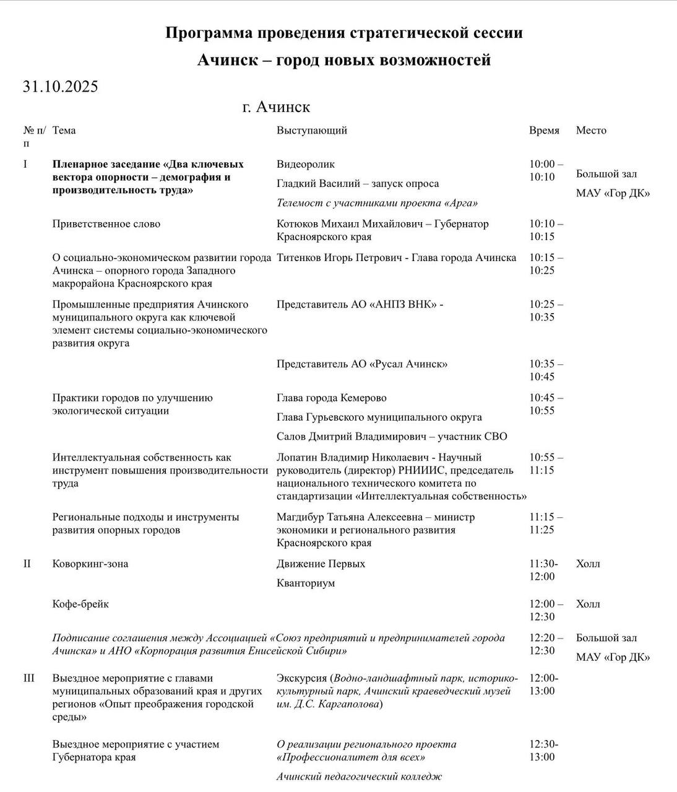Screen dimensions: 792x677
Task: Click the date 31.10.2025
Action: (60, 87)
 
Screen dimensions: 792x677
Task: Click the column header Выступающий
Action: (311, 131)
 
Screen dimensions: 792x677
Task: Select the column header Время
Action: (544, 131)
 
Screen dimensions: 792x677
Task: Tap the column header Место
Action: (591, 131)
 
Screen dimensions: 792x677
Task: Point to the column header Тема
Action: (64, 131)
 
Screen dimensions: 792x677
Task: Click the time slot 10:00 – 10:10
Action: (546, 171)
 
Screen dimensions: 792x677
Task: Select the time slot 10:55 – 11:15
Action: (546, 464)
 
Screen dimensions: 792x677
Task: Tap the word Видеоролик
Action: (306, 165)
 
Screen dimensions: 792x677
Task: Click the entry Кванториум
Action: (306, 583)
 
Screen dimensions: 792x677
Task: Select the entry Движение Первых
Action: (321, 564)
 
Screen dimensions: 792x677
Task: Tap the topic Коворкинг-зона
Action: (90, 564)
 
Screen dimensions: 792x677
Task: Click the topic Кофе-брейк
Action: (80, 605)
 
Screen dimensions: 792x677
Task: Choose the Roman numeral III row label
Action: (29, 678)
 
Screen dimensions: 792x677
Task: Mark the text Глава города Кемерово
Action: (331, 398)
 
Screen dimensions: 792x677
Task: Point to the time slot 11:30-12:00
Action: (543, 570)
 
